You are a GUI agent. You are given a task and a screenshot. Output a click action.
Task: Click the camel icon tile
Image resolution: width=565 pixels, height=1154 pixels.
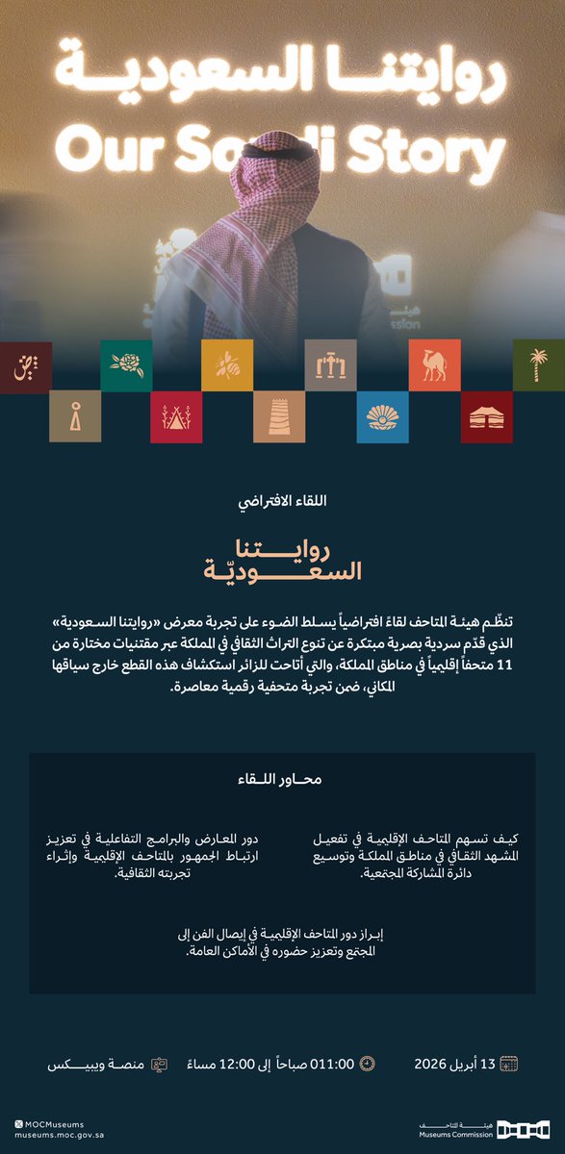tap(434, 364)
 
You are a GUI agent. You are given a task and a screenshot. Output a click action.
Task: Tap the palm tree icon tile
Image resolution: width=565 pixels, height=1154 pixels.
tap(538, 364)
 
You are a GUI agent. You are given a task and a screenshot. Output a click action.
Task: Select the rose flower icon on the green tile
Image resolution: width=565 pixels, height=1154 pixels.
tap(126, 364)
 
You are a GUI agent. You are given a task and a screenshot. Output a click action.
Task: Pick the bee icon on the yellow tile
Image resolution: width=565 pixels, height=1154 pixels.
tap(227, 364)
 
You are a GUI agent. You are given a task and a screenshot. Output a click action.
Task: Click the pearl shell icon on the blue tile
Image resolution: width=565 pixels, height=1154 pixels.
tap(382, 416)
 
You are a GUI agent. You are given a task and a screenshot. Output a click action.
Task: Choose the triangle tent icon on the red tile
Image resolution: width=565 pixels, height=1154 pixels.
tap(176, 416)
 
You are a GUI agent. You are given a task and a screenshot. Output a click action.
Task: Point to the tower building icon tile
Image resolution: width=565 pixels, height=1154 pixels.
tap(279, 416)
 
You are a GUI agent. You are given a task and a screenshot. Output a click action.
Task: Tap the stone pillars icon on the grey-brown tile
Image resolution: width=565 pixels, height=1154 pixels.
tap(330, 364)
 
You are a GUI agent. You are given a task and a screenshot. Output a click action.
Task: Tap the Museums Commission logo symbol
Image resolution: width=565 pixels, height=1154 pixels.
tap(524, 1126)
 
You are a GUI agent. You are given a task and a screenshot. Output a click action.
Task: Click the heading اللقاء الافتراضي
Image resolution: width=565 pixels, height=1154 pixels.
tap(281, 502)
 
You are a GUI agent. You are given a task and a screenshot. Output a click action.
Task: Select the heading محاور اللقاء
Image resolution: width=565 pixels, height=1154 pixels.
tap(281, 779)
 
